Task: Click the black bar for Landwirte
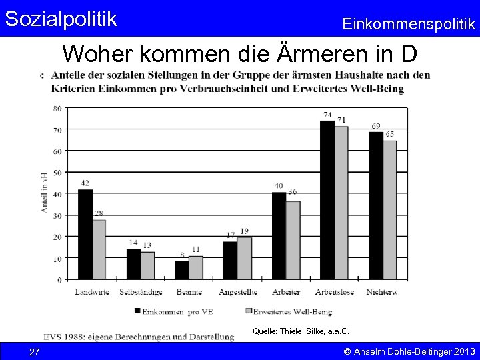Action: click(85, 234)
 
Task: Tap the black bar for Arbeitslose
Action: click(327, 200)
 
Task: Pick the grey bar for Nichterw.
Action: click(389, 210)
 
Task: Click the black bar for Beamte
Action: click(182, 270)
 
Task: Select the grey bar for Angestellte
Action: click(244, 258)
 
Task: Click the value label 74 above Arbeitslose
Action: click(327, 115)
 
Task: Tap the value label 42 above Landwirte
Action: click(85, 183)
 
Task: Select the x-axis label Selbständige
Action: click(141, 292)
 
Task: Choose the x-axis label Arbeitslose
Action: click(334, 292)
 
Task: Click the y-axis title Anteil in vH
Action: click(44, 193)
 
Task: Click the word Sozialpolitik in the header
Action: click(61, 18)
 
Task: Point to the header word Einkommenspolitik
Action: click(409, 24)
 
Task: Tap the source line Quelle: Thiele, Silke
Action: click(301, 331)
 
